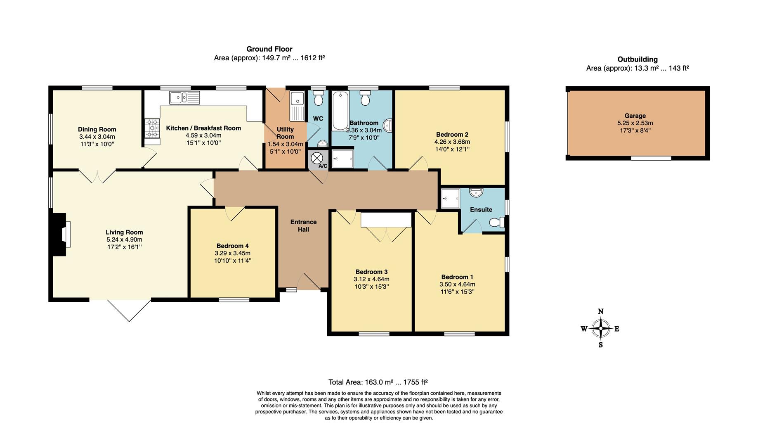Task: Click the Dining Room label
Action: (97, 129)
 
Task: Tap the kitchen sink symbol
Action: (184, 98)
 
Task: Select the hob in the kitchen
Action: (152, 128)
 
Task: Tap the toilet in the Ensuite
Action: (497, 223)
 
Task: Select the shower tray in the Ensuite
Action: (450, 199)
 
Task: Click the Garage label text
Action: (635, 116)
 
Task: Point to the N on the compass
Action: (601, 311)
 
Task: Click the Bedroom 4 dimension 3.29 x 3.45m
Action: (232, 253)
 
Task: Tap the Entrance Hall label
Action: (303, 225)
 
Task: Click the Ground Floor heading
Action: (269, 49)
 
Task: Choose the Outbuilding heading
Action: (637, 59)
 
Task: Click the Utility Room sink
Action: (296, 99)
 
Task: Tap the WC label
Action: (318, 119)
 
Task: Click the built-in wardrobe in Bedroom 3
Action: (386, 220)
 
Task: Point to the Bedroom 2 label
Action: (452, 134)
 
